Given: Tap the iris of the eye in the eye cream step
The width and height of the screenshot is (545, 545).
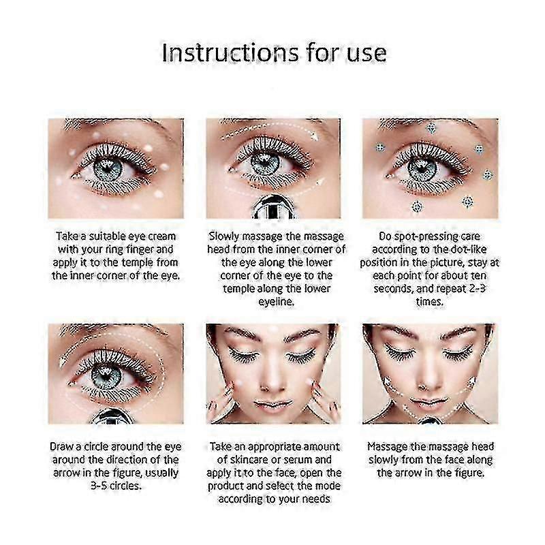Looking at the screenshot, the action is click(x=108, y=169).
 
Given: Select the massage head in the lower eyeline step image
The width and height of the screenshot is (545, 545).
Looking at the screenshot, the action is click(x=273, y=207).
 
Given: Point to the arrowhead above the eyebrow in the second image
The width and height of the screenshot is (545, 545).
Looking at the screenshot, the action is click(x=314, y=136).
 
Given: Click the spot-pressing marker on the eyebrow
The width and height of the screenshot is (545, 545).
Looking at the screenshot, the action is click(x=431, y=128).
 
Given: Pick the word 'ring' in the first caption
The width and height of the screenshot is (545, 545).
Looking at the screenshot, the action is click(x=115, y=249).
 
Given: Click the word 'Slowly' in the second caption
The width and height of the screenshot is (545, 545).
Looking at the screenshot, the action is click(x=224, y=236).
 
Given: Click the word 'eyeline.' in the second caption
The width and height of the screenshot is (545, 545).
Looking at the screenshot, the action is click(x=277, y=302).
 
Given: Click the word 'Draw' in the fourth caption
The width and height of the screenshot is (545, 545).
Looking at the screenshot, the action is click(x=61, y=446).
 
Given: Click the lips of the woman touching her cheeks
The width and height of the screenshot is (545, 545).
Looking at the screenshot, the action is click(x=273, y=404).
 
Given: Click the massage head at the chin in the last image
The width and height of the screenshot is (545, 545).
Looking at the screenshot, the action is click(x=431, y=420).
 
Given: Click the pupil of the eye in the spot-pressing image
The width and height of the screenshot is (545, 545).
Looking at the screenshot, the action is click(x=422, y=168).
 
